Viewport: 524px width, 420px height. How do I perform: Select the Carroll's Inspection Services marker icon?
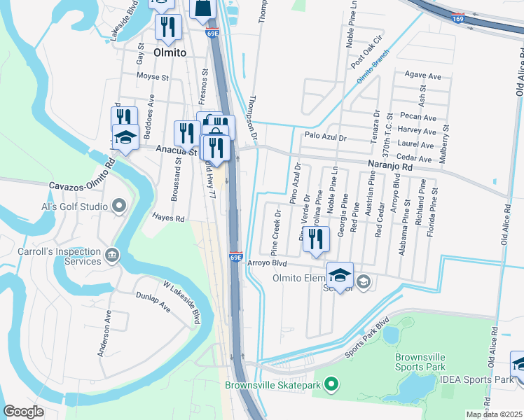click(x=111, y=253)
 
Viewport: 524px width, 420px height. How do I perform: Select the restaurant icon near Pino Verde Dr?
click(x=316, y=239)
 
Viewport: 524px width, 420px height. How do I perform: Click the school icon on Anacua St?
click(x=125, y=139)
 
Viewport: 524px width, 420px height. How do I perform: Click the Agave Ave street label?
click(x=422, y=75)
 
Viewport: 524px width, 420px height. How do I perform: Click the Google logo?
click(x=24, y=412)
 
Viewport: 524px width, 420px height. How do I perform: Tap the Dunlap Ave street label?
click(x=153, y=302)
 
